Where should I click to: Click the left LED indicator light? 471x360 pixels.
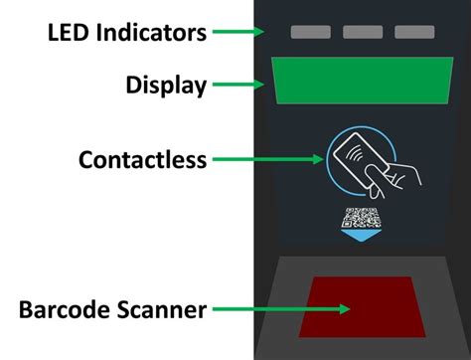[310, 32]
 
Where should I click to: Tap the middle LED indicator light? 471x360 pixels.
[363, 32]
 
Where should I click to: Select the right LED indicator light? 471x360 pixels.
[414, 32]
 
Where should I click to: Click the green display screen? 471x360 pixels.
[364, 81]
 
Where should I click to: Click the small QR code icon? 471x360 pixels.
[361, 219]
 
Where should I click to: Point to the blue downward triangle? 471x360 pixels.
[362, 238]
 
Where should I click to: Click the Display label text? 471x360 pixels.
[165, 86]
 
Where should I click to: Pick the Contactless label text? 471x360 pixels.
[142, 159]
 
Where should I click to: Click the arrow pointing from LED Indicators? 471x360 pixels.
[237, 32]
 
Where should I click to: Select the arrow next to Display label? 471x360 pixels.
[237, 86]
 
